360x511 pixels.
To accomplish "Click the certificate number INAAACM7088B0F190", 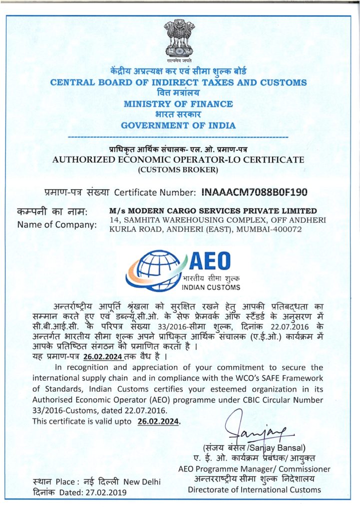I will (254, 192).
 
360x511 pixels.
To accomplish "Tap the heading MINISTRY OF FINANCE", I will (178, 104).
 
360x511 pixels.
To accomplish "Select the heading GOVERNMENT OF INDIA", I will (178, 125).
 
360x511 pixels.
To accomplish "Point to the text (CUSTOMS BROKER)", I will (178, 170).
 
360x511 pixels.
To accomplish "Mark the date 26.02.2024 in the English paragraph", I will (157, 421).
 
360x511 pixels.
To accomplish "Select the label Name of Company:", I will (57, 225).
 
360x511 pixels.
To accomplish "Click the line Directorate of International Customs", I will (254, 490).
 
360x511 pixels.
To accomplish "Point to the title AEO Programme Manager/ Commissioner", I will (254, 469).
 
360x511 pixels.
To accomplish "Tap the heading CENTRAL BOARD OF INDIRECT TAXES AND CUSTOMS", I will (178, 82).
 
